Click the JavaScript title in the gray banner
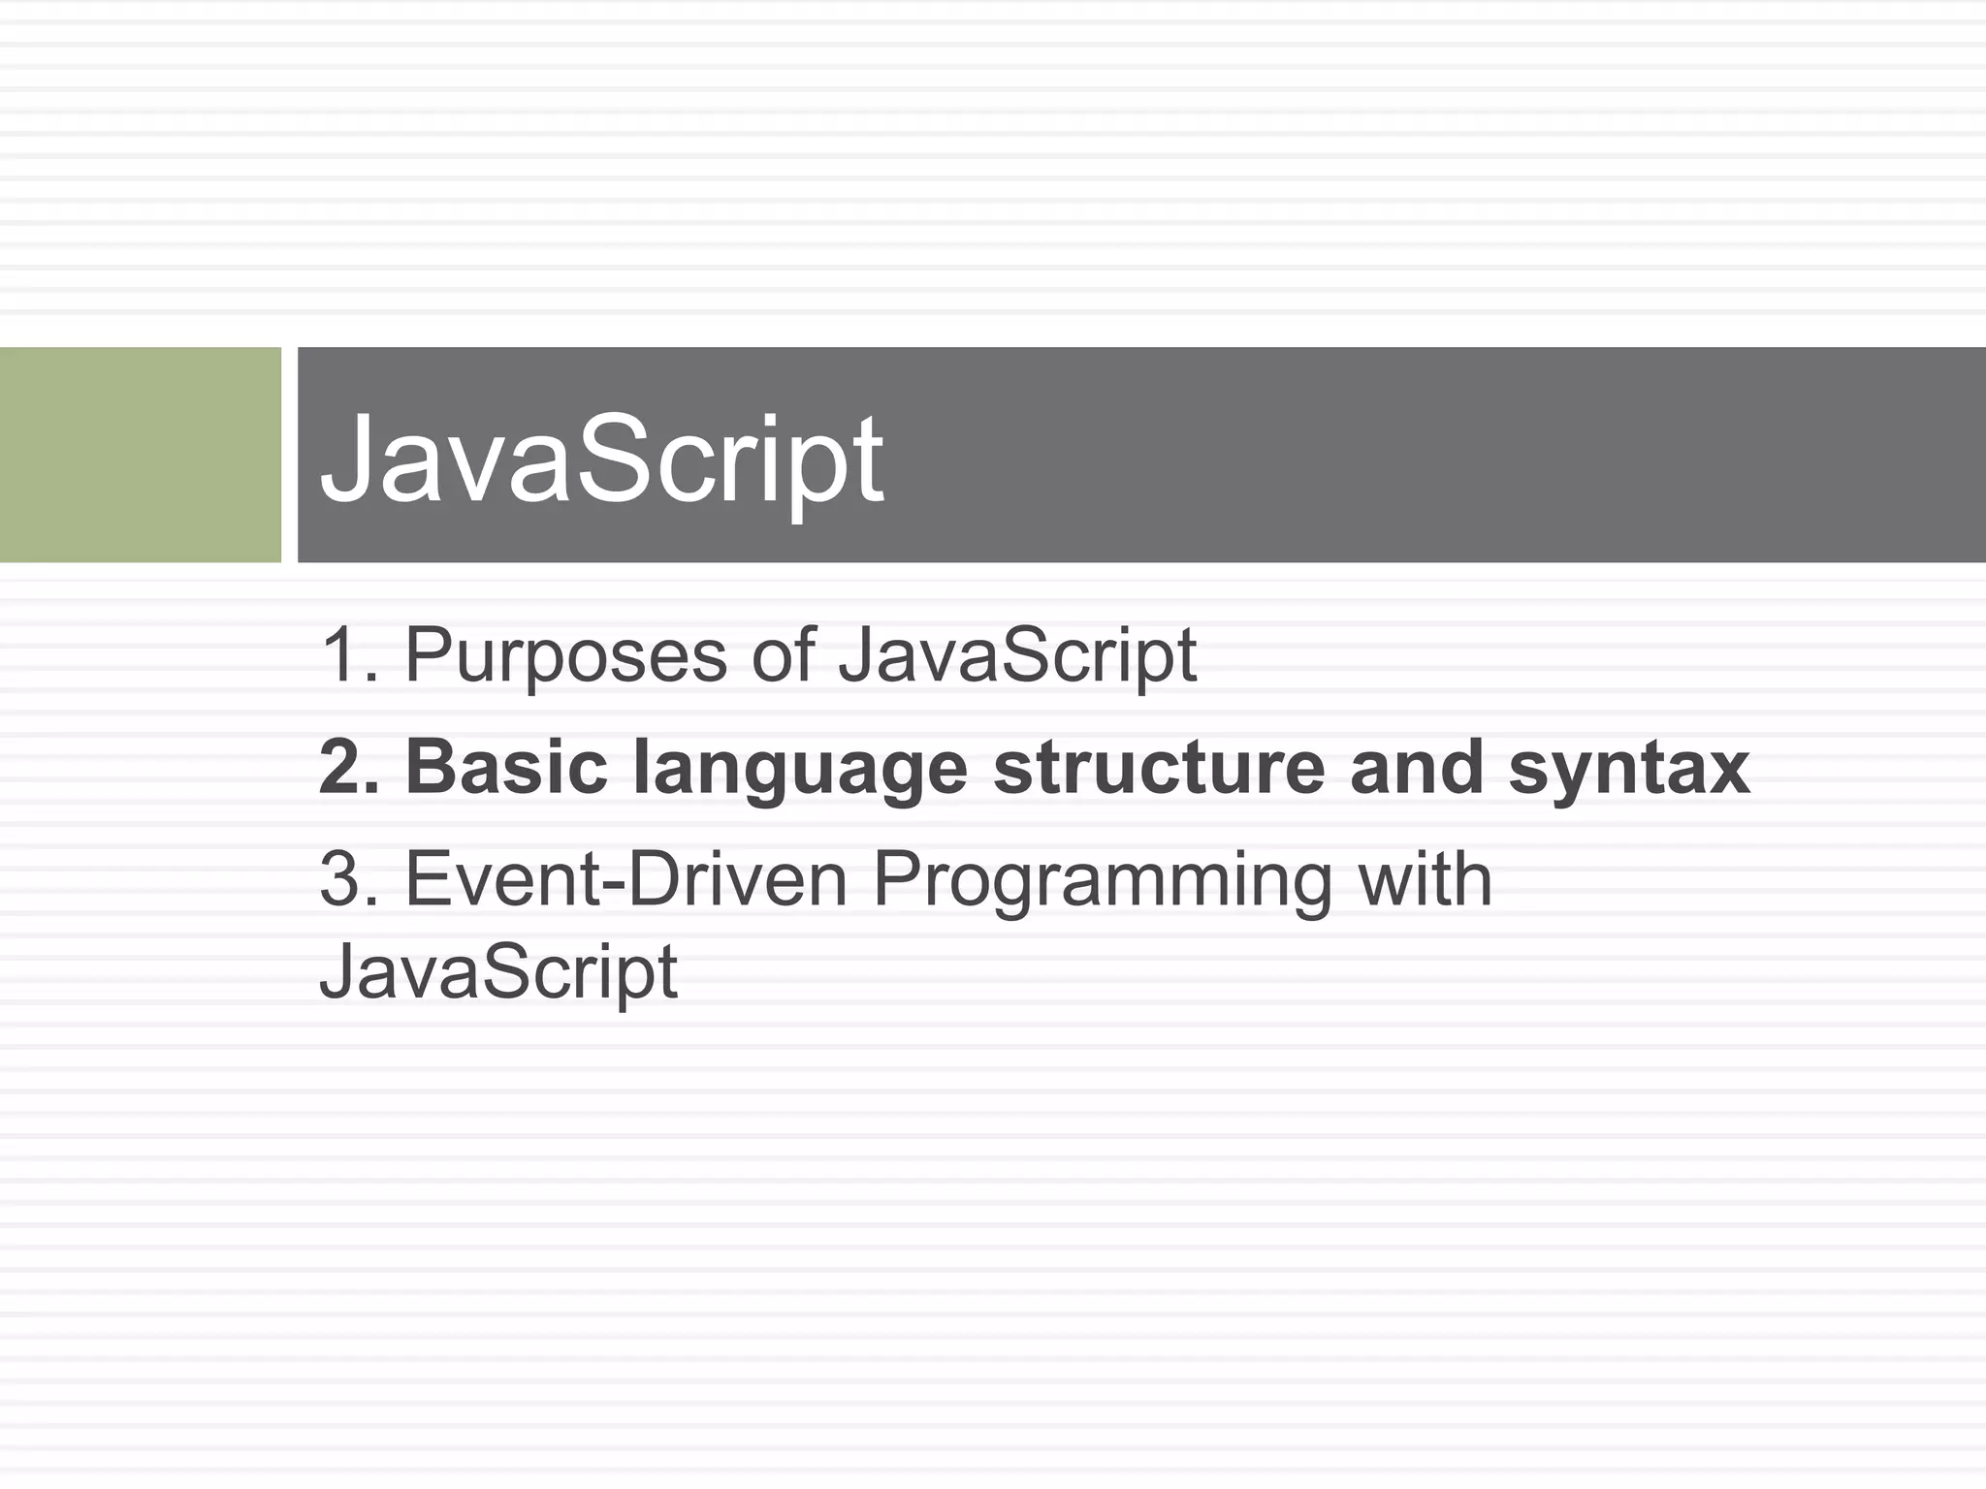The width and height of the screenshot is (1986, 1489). [x=601, y=459]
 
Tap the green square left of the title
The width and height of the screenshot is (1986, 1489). [x=140, y=455]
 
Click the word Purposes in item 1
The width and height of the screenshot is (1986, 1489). [x=565, y=656]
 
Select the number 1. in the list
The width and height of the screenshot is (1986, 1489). [x=348, y=656]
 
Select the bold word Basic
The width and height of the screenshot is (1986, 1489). [x=506, y=768]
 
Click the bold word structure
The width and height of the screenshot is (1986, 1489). [x=1159, y=768]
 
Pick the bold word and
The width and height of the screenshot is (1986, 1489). [x=1416, y=768]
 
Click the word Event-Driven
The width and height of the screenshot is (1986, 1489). [x=626, y=880]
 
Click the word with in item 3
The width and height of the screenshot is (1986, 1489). [x=1425, y=880]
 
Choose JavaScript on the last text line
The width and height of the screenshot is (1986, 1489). [x=498, y=973]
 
